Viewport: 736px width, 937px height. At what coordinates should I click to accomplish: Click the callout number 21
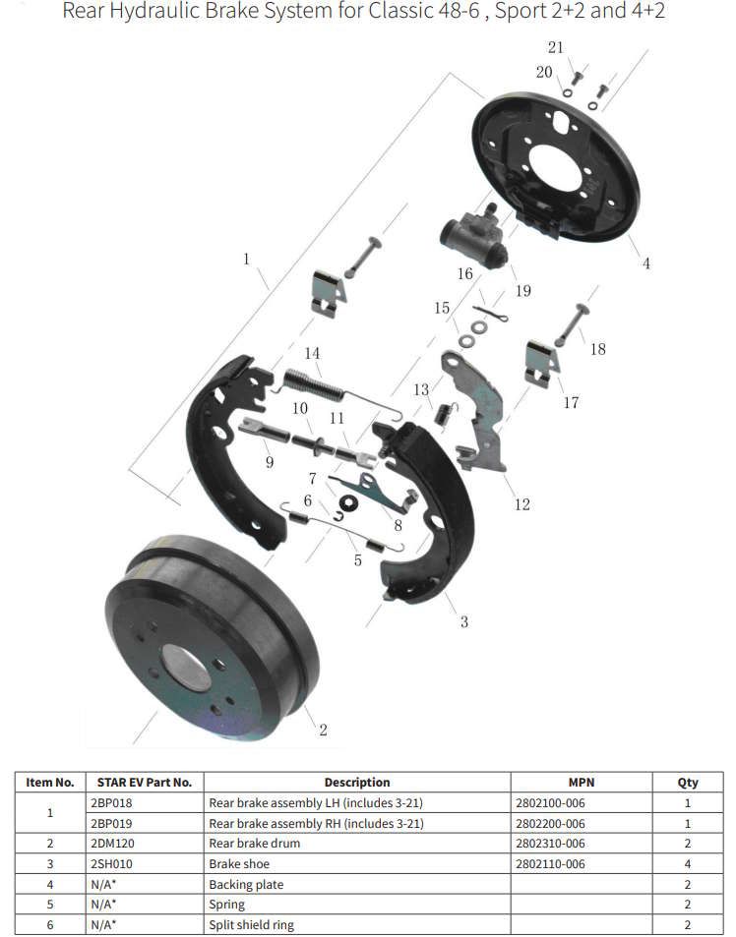point(555,47)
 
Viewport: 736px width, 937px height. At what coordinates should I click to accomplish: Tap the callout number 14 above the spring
point(312,354)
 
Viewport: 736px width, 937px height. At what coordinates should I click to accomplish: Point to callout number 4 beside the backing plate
point(646,263)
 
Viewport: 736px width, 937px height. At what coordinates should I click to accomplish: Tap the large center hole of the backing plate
point(556,170)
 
